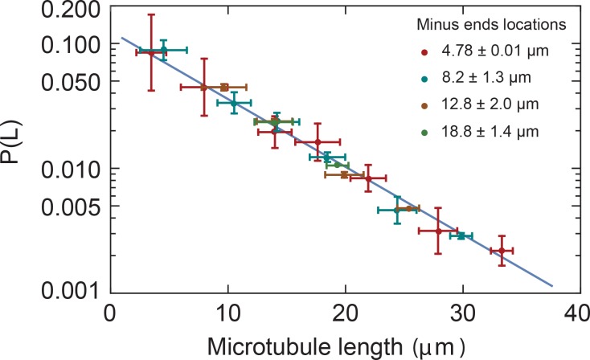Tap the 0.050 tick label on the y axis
pos(66,81)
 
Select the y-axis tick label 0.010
pos(66,168)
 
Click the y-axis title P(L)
pos(18,150)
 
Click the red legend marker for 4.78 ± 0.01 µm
pos(424,51)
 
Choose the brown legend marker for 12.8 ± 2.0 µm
pos(424,104)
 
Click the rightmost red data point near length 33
pos(502,251)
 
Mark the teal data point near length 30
pos(461,235)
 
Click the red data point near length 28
pos(438,231)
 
